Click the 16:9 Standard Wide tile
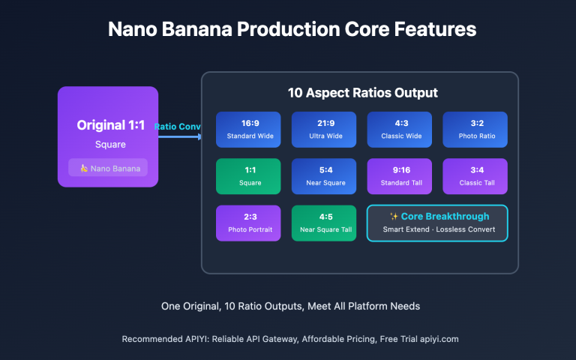248,130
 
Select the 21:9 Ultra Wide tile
324,130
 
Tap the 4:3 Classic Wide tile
400,130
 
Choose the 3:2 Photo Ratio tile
475,130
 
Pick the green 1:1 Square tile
248,176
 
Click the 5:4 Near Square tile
324,176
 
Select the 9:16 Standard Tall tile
400,176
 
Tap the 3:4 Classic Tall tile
475,176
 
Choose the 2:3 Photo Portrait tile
248,223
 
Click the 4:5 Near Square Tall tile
324,223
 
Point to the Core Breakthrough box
436,223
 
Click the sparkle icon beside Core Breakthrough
394,217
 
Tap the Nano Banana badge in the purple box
108,168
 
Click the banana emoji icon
84,168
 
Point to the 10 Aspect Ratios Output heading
362,93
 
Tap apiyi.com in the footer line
436,339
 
